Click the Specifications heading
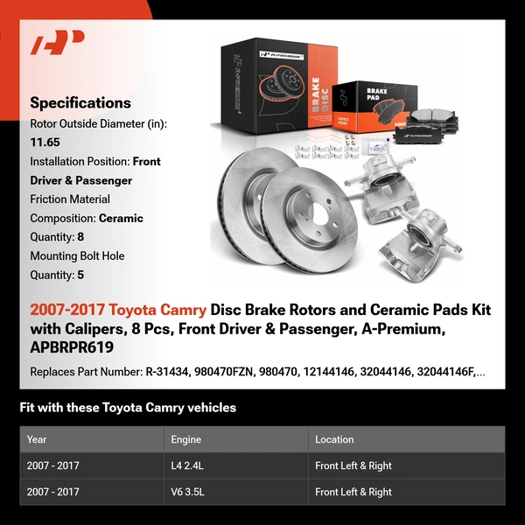[80, 102]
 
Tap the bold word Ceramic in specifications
[121, 218]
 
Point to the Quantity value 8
[80, 237]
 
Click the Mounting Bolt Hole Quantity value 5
[80, 275]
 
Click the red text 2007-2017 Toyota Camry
[119, 311]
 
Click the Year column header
[37, 439]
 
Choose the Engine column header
[186, 439]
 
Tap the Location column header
[334, 439]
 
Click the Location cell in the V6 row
[353, 492]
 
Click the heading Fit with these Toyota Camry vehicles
[128, 408]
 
